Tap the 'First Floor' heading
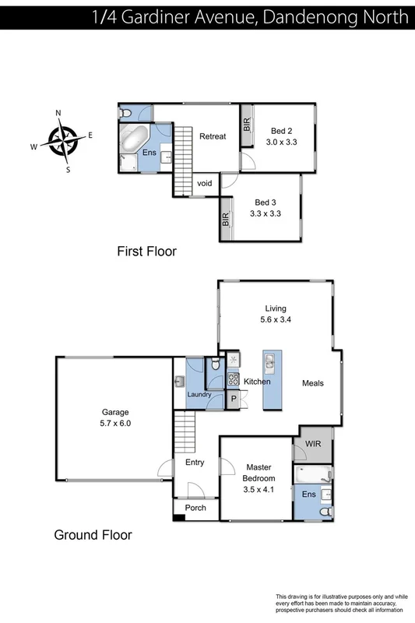pyautogui.click(x=146, y=252)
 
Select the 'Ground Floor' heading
pyautogui.click(x=93, y=535)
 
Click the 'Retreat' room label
pyautogui.click(x=213, y=136)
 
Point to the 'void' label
pyautogui.click(x=205, y=184)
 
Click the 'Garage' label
pyautogui.click(x=114, y=413)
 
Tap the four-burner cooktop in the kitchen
pyautogui.click(x=233, y=380)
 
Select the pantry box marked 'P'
pyautogui.click(x=233, y=399)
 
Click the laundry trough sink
pyautogui.click(x=179, y=381)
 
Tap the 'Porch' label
pyautogui.click(x=195, y=508)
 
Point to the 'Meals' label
pyautogui.click(x=313, y=383)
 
